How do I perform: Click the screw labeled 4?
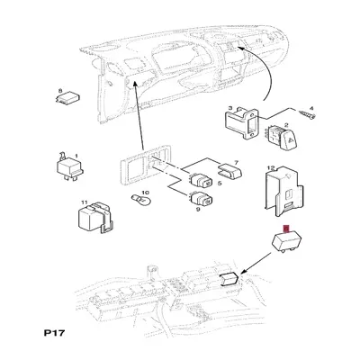pyautogui.click(x=307, y=115)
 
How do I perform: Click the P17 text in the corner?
pyautogui.click(x=54, y=333)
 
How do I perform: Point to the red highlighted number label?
pyautogui.click(x=286, y=229)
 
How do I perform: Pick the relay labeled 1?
pyautogui.click(x=70, y=168)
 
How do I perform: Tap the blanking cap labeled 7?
pyautogui.click(x=230, y=171)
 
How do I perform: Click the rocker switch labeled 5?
pyautogui.click(x=201, y=180)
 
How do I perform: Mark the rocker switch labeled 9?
pyautogui.click(x=201, y=198)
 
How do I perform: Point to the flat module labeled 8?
pyautogui.click(x=69, y=98)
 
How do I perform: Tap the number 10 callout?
pyautogui.click(x=145, y=193)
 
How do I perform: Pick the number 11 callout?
pyautogui.click(x=84, y=202)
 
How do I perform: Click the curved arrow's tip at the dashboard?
pyautogui.click(x=238, y=46)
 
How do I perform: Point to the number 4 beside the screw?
pyautogui.click(x=311, y=108)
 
